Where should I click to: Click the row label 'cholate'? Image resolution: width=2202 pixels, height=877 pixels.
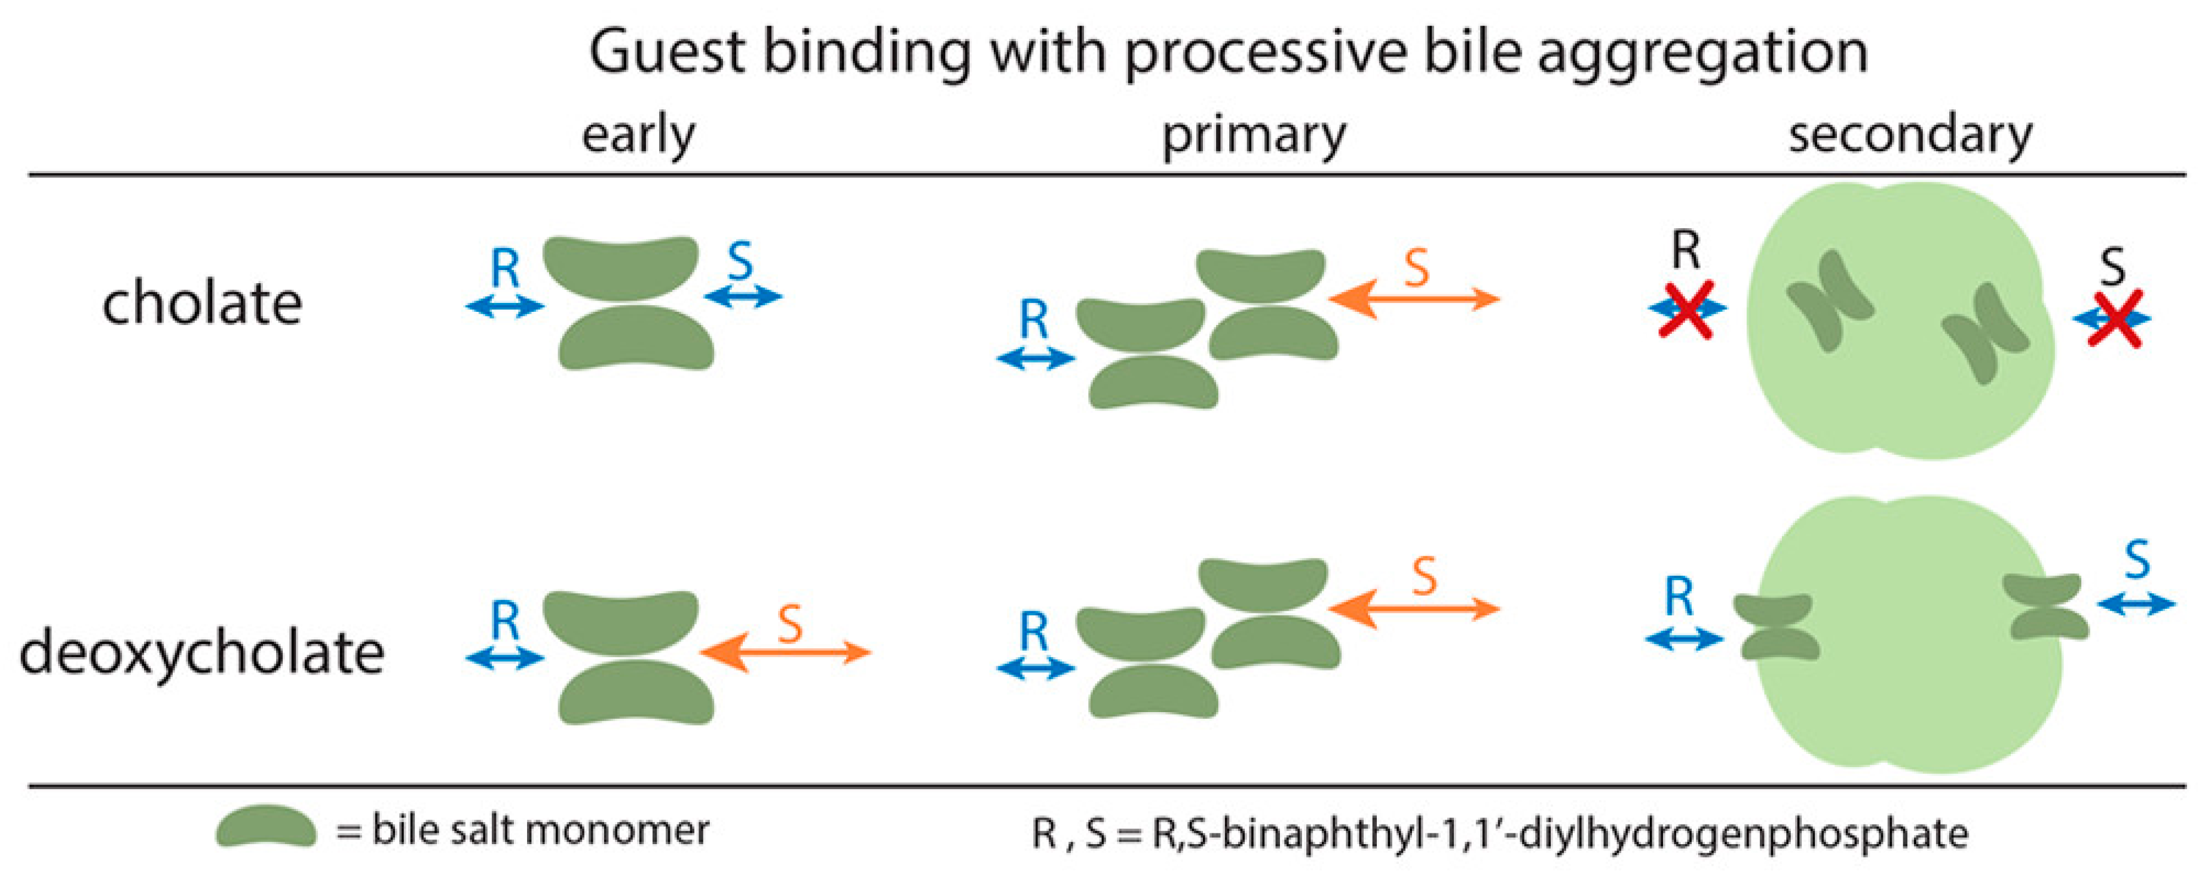(203, 303)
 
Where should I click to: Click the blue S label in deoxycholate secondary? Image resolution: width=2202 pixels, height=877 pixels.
(2137, 561)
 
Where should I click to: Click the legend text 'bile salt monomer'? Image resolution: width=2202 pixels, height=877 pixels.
(540, 830)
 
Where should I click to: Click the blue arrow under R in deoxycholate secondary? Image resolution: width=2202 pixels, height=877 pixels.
(1684, 639)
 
